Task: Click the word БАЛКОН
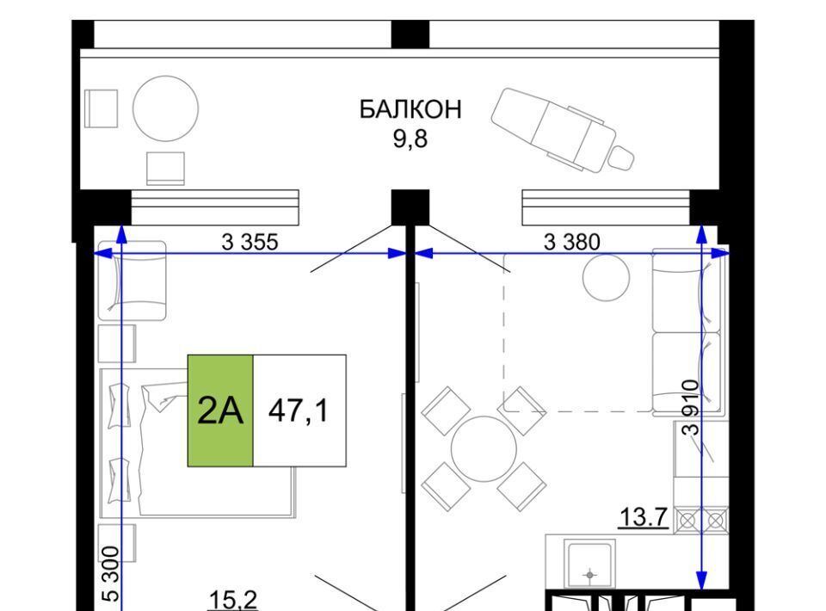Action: (410, 109)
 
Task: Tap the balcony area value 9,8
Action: (410, 139)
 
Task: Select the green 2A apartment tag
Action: (220, 410)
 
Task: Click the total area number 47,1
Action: (299, 410)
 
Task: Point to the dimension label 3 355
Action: (250, 242)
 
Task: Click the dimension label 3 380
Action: (571, 242)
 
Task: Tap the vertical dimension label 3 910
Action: (691, 407)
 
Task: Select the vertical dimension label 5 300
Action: (110, 574)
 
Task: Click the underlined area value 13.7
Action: (644, 517)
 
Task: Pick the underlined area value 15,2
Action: (233, 601)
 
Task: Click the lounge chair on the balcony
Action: (562, 130)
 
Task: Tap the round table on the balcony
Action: (165, 109)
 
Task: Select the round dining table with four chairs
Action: (484, 448)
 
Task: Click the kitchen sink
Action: (589, 564)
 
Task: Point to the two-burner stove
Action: (702, 521)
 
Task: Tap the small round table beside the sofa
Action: (607, 278)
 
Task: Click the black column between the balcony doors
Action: (410, 207)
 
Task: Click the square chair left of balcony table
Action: (102, 108)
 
